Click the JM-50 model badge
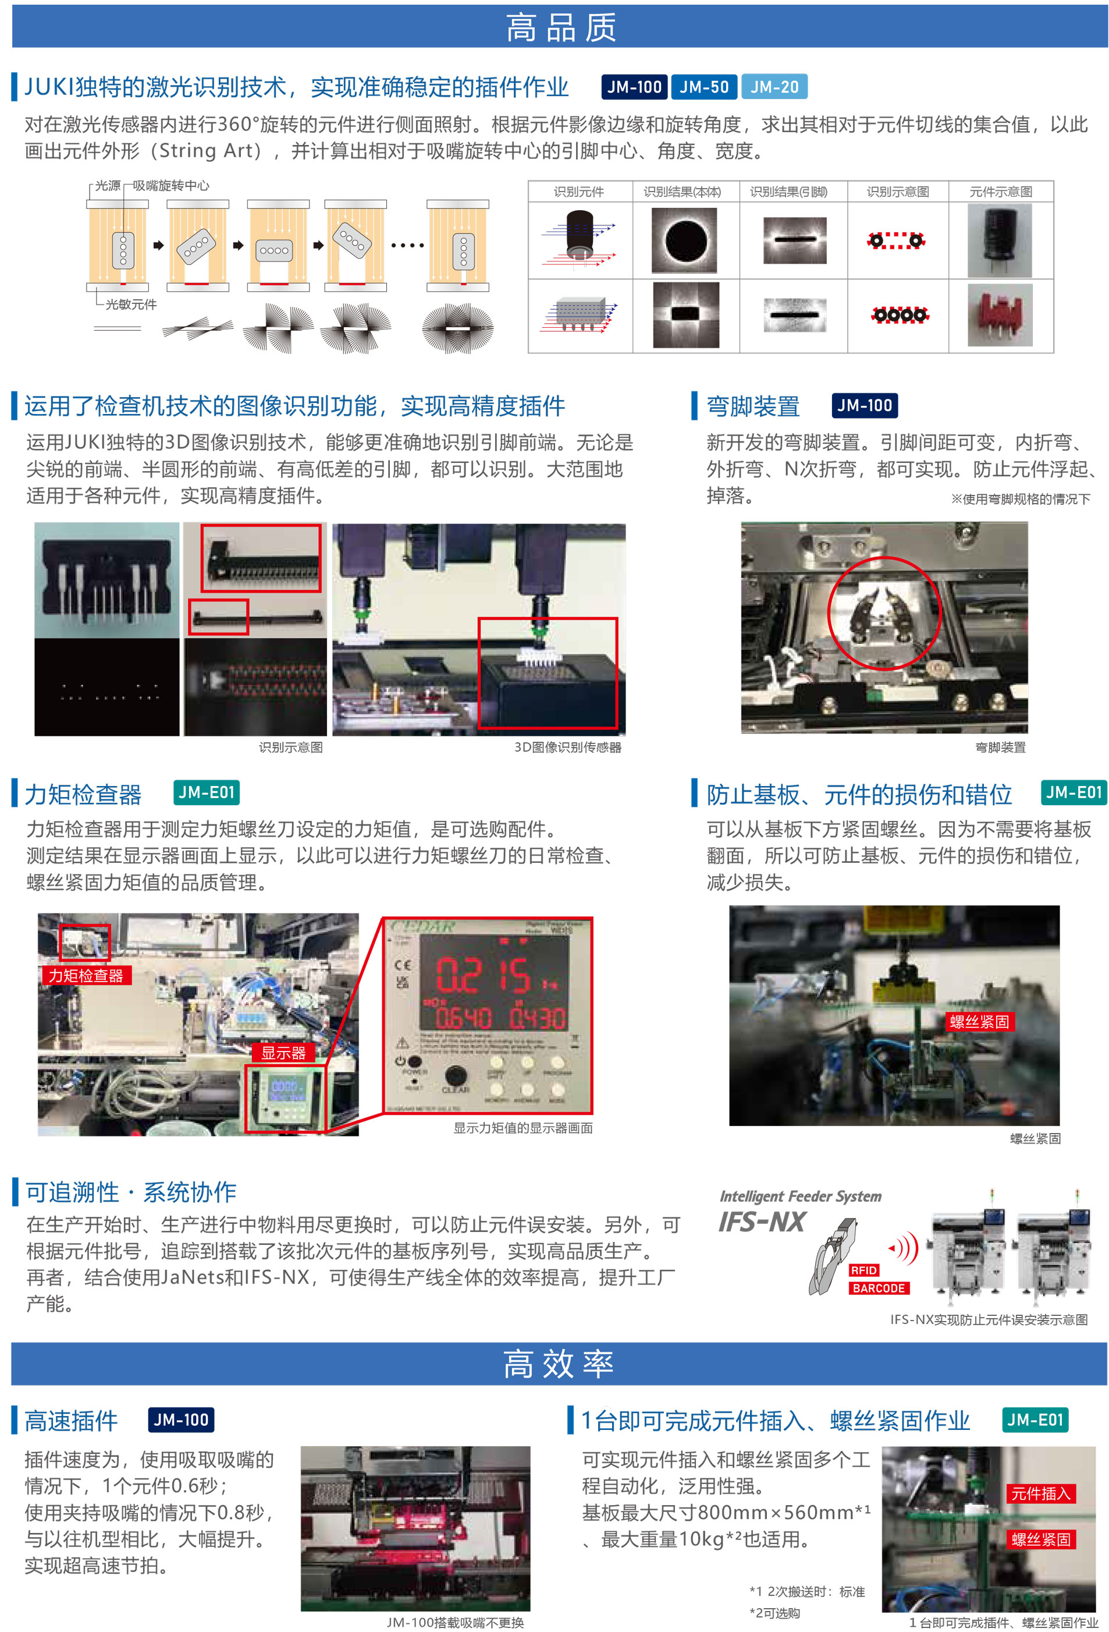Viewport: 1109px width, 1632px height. (x=703, y=87)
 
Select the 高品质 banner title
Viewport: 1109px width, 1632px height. (x=560, y=27)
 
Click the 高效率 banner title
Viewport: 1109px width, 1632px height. (x=559, y=1364)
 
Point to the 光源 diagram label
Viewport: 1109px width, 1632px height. (x=108, y=185)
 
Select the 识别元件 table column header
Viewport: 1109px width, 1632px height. (x=578, y=192)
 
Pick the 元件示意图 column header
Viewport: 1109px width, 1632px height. (x=1000, y=192)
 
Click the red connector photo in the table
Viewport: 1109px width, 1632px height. (x=1000, y=314)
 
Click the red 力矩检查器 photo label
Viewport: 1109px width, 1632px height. (x=86, y=975)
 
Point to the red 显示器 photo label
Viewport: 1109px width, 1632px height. (x=283, y=1053)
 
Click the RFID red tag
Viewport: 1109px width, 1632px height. (x=863, y=1270)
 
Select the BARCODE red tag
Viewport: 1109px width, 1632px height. (x=878, y=1288)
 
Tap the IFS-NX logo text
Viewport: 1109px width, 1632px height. (x=762, y=1223)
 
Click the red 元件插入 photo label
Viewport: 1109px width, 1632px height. (x=1040, y=1493)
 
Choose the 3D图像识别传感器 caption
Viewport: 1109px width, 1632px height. (x=567, y=747)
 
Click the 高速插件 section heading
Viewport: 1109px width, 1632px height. (x=71, y=1421)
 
